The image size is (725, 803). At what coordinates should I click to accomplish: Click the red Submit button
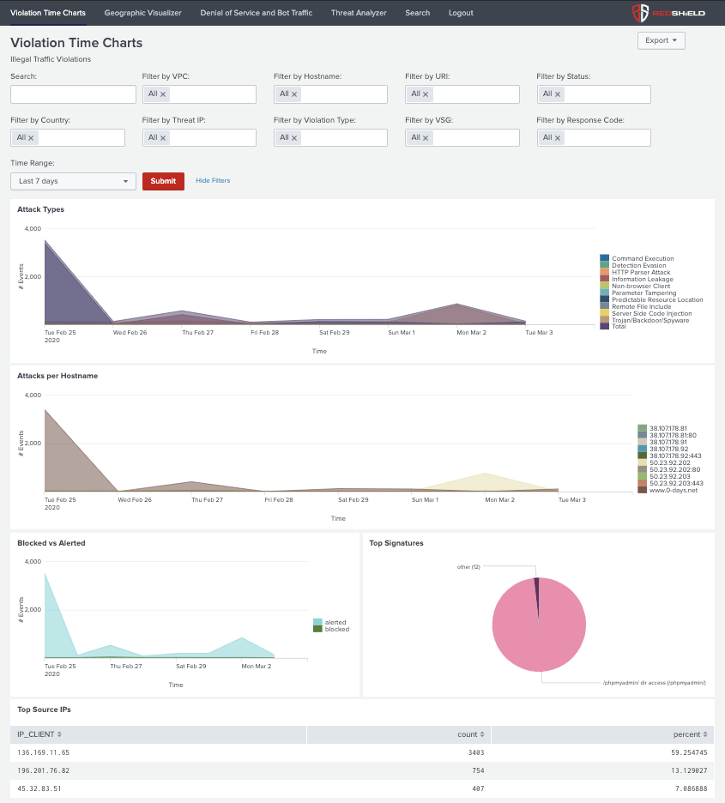click(x=163, y=181)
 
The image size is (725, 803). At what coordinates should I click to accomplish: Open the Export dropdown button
click(x=661, y=40)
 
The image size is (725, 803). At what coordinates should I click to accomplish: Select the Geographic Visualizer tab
click(x=142, y=13)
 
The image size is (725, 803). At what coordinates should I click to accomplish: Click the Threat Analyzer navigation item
click(x=359, y=13)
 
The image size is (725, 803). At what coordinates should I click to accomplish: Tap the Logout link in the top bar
click(x=461, y=13)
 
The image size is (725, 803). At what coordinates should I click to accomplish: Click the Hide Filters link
click(x=213, y=181)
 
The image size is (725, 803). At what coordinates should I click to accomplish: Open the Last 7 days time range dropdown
click(x=73, y=181)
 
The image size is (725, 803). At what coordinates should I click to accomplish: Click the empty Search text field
click(x=73, y=94)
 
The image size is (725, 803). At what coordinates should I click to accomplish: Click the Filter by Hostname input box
click(x=343, y=94)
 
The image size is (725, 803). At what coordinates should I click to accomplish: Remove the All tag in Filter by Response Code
click(x=558, y=138)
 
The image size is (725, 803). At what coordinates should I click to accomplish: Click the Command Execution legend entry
click(x=642, y=258)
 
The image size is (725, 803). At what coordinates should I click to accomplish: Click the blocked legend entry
click(x=336, y=629)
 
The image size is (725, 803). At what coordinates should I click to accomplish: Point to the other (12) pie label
click(x=468, y=566)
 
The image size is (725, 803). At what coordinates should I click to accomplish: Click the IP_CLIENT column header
click(x=39, y=734)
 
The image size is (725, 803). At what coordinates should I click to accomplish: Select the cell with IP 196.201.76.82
click(x=44, y=770)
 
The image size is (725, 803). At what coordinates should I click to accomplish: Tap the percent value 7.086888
click(x=686, y=788)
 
